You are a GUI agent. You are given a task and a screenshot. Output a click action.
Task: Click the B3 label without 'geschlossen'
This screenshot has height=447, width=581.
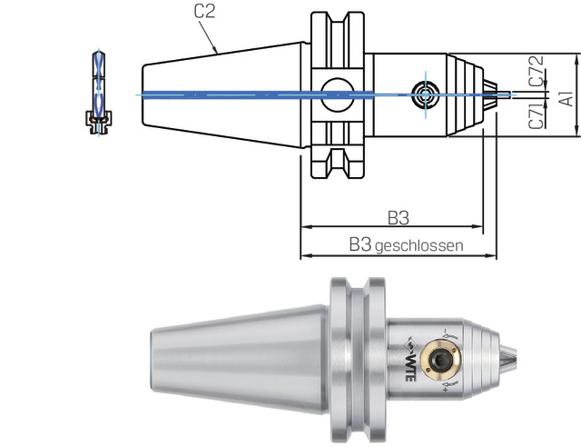click(x=398, y=218)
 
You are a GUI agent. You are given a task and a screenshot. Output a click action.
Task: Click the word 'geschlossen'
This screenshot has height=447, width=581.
click(x=419, y=245)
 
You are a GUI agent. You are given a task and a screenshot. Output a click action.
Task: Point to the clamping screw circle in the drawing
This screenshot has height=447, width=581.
click(x=423, y=94)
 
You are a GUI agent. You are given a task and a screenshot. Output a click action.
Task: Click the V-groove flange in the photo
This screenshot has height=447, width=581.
click(x=359, y=356)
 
